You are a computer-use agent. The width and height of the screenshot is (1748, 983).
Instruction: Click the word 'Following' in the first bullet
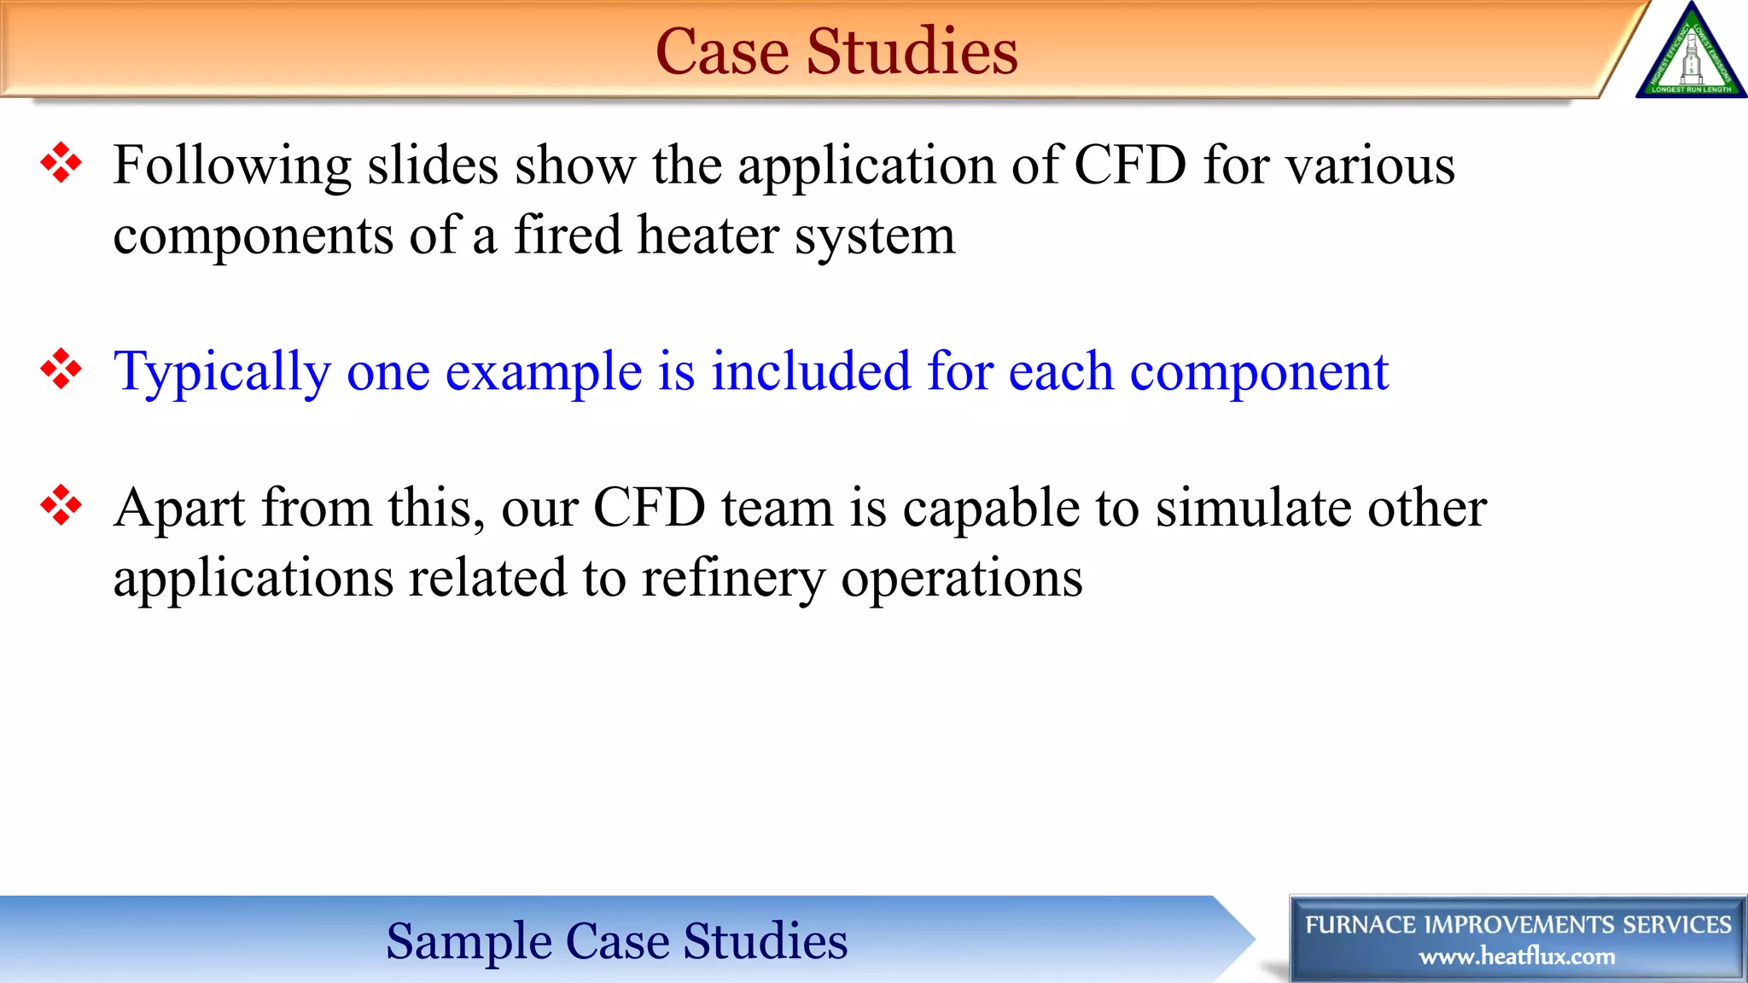(x=231, y=166)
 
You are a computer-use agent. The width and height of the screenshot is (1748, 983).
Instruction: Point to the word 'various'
(x=1370, y=166)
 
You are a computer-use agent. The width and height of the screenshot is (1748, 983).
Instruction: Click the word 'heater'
(x=708, y=236)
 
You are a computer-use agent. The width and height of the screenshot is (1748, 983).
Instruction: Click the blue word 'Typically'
(x=222, y=373)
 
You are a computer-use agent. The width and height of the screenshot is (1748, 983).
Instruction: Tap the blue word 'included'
(x=811, y=373)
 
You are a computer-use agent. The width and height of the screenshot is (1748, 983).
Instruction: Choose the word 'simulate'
(x=1253, y=509)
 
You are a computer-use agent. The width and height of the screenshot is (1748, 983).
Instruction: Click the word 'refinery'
(x=733, y=579)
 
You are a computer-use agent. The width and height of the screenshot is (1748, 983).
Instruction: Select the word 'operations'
(x=962, y=579)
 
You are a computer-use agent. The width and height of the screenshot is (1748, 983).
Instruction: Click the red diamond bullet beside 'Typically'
(x=61, y=369)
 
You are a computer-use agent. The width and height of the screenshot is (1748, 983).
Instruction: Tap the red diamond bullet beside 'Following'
(x=61, y=162)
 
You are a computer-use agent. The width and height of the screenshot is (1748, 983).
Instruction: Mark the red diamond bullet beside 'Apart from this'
(x=61, y=505)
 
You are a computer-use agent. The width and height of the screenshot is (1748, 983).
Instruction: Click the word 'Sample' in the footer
(x=469, y=941)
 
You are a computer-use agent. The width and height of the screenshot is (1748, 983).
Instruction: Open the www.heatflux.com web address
(x=1517, y=957)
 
